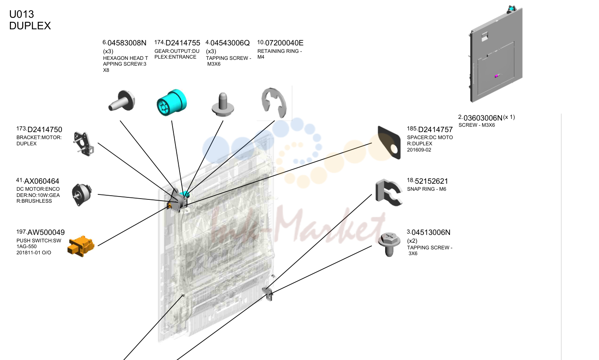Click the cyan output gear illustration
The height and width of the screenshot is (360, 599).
click(171, 103)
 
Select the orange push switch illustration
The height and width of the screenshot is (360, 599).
click(81, 246)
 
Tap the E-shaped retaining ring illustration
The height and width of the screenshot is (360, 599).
click(274, 103)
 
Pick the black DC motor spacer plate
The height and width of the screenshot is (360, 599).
click(389, 142)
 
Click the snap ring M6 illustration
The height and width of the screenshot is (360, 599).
click(388, 192)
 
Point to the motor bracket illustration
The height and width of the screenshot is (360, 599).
click(84, 144)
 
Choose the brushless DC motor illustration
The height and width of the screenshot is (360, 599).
click(82, 195)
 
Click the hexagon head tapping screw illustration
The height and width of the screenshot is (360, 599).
click(122, 101)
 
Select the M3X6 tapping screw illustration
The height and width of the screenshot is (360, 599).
click(223, 104)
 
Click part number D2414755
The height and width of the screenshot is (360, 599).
click(182, 43)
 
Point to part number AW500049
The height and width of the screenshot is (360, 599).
click(46, 232)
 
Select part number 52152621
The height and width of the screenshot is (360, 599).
click(431, 181)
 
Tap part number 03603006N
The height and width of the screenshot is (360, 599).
click(483, 118)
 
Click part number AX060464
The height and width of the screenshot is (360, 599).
click(41, 181)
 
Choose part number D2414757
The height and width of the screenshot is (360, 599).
click(435, 130)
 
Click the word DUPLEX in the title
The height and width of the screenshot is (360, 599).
click(30, 26)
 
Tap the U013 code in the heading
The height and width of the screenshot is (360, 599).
click(21, 14)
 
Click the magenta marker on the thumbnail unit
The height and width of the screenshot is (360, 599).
click(497, 76)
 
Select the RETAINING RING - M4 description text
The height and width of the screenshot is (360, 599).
click(279, 54)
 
